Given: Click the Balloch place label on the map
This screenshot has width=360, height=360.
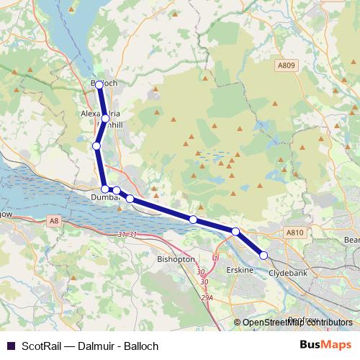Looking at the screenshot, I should point(104,84).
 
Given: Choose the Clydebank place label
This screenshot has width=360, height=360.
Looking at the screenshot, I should point(288,274).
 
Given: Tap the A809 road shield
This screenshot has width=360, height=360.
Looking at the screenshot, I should point(287,65).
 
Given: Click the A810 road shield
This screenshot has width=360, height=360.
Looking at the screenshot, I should point(295,233).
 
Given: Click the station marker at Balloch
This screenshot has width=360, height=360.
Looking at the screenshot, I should point(99,84).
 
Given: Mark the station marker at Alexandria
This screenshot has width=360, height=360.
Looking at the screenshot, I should point(105,118).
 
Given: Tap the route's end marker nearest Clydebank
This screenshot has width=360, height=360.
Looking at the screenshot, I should point(264,255).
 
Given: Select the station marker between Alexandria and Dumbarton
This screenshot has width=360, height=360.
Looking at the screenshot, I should point(96,146).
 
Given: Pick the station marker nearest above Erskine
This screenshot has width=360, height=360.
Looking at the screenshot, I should point(235,231).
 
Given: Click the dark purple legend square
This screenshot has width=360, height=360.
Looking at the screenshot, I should point(9,346).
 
